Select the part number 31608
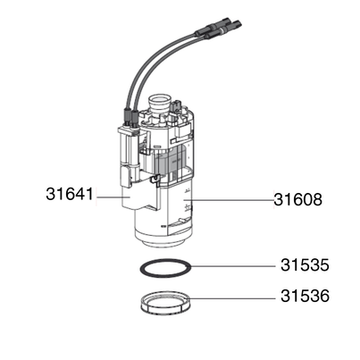(297, 201)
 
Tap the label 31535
(305, 265)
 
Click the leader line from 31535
(232, 265)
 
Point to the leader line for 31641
(109, 195)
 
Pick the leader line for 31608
(232, 202)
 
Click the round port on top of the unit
(161, 102)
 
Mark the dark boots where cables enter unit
(130, 114)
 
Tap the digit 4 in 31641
(80, 193)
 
